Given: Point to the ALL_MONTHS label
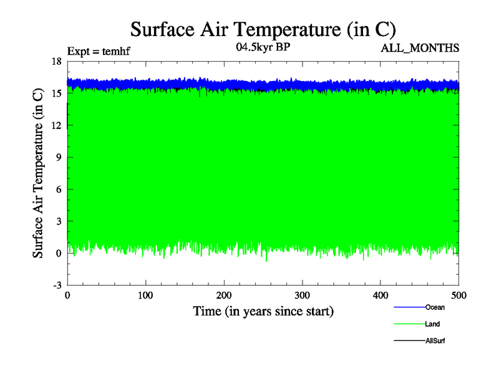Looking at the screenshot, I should point(420,48).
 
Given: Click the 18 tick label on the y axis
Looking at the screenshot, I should point(56,61).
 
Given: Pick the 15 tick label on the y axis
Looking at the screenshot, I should point(56,93).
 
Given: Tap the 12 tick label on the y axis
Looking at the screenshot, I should point(56,125).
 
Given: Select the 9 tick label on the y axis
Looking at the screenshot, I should point(58,158).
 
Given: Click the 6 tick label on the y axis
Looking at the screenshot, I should point(58,189).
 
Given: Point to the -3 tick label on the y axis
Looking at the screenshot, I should point(56,285).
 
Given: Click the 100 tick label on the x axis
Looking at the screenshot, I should point(145,295).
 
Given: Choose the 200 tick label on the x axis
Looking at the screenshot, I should point(224,295).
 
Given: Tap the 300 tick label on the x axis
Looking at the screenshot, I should point(303,295).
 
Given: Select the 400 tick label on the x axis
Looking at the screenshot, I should point(380,295).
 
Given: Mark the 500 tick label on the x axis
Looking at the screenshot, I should point(459,295).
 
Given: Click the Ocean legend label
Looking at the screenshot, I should point(435,307).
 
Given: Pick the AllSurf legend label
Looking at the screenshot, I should point(435,341).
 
